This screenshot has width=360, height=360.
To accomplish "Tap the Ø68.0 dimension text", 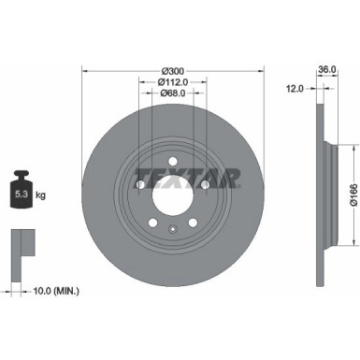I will coord(171,93).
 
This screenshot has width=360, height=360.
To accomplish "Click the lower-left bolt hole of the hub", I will coord(151,223).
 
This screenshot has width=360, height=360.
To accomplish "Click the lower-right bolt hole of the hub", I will coord(192,223).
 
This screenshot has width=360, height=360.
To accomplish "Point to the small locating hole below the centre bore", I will coord(171,229).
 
